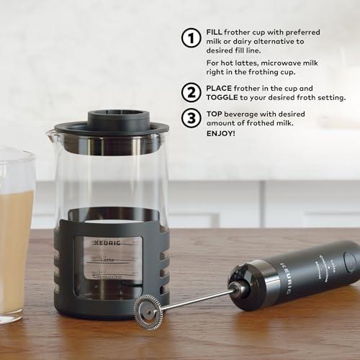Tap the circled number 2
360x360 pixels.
point(191,91)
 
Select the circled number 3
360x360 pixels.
point(191,118)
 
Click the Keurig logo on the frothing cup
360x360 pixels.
point(107,240)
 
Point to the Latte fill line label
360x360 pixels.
point(107,259)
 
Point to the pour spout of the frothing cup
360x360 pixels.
point(50,132)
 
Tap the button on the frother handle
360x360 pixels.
point(351,260)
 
